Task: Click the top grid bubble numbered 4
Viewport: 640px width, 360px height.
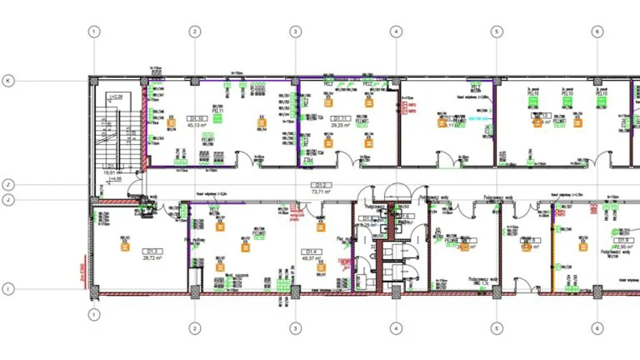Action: point(395,32)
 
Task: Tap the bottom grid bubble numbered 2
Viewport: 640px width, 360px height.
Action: point(194,328)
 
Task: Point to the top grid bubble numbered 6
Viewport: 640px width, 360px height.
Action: point(597,32)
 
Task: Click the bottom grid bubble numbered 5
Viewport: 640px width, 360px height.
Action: point(496,328)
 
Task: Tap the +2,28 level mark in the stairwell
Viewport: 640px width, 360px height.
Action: point(117,97)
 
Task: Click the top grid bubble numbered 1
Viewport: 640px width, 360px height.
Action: point(94,32)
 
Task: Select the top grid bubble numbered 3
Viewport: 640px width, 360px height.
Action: point(295,32)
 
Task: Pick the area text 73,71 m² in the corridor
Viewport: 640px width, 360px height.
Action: point(322,192)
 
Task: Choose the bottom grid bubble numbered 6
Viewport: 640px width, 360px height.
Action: point(597,328)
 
